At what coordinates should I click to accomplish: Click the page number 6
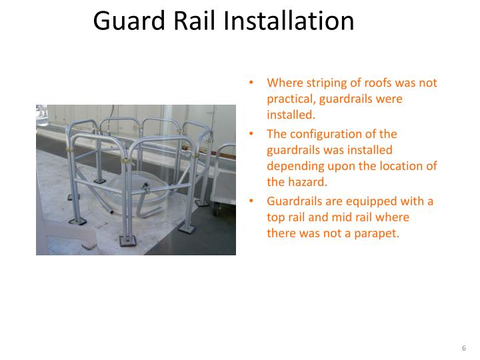(x=463, y=349)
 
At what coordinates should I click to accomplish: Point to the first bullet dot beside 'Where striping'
(x=251, y=83)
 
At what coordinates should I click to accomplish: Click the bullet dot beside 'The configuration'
(x=251, y=134)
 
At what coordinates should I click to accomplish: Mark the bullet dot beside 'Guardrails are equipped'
(x=251, y=201)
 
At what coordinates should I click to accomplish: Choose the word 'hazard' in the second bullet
(x=307, y=181)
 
